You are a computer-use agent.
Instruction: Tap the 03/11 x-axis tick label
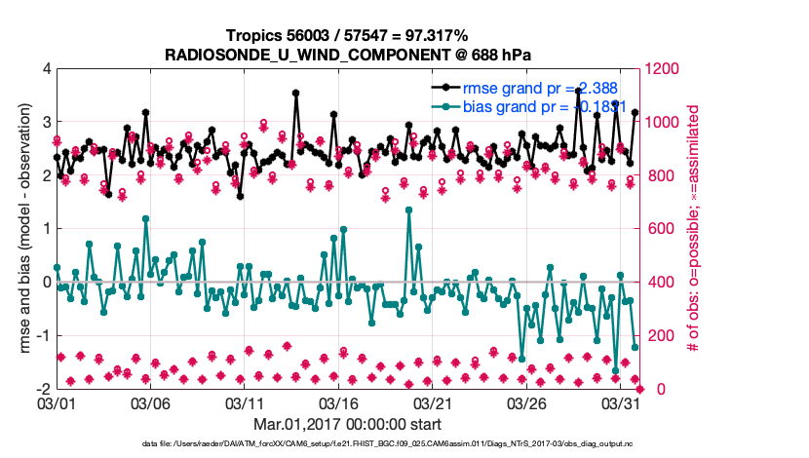coord(245,402)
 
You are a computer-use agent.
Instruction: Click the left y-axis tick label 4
coord(46,70)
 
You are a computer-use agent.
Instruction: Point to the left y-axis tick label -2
coord(43,390)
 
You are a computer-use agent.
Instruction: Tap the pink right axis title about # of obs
coord(695,230)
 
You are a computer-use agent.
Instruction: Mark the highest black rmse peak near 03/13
coord(295,94)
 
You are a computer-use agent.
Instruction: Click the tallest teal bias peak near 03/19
coord(408,210)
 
